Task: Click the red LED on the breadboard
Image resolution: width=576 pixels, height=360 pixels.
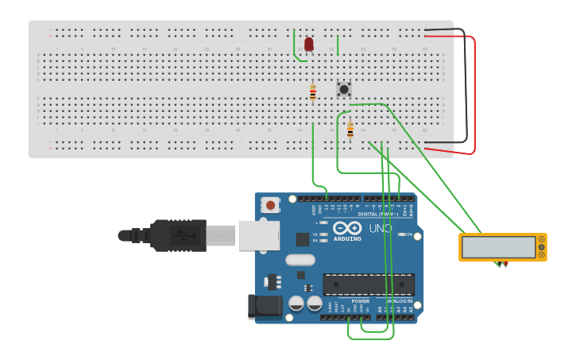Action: [309, 45]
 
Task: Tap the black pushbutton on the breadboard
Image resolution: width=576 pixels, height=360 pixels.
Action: [344, 89]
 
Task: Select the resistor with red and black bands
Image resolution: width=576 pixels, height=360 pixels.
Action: [313, 93]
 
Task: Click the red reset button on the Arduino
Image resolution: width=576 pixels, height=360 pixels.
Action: [271, 205]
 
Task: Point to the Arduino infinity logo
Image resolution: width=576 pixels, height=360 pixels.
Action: [347, 228]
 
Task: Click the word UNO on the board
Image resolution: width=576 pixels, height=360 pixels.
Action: [380, 229]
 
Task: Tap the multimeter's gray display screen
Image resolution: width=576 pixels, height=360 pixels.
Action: [498, 247]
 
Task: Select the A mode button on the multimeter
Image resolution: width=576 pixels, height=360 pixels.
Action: [542, 239]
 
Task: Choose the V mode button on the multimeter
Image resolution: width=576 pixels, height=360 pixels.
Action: [542, 247]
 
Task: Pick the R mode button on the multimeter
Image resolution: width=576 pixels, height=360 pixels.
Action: [542, 255]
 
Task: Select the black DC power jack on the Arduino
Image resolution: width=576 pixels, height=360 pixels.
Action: [264, 307]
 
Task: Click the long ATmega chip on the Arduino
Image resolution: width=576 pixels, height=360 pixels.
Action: [369, 285]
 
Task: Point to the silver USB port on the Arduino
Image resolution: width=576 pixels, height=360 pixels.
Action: [259, 235]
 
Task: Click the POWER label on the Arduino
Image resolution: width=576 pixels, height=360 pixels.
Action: [360, 301]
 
